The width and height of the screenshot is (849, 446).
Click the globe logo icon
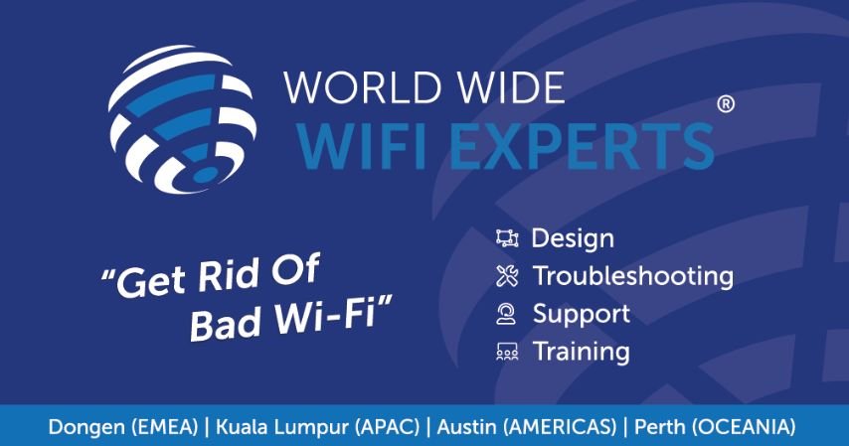coord(183,119)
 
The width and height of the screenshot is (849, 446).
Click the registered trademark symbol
coord(726,104)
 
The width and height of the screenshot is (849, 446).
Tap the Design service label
coord(573,239)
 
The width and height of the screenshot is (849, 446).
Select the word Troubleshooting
coord(633,275)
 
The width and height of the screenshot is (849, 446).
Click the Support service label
coord(582,315)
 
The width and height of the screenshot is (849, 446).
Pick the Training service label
coord(582,352)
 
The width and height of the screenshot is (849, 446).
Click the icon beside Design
coord(507,238)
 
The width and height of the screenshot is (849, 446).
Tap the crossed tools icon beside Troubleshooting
coord(507,276)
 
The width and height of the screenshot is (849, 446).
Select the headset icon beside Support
coord(506,314)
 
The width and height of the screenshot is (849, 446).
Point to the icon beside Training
coord(507,352)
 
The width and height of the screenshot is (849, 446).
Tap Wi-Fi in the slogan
coord(325,313)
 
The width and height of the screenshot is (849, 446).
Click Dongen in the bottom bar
coord(86,427)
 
